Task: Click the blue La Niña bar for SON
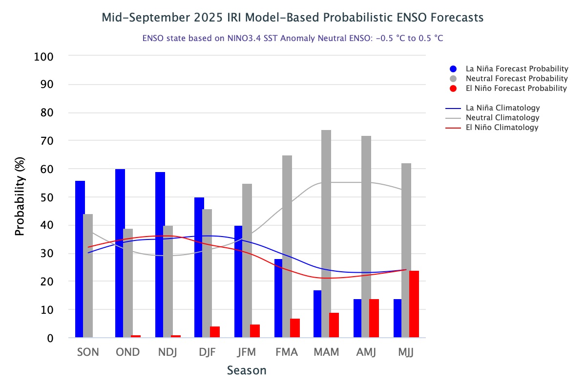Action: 80,259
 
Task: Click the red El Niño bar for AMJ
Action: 374,318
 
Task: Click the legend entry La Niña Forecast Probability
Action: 517,69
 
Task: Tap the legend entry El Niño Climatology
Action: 502,128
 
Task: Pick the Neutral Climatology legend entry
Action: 502,118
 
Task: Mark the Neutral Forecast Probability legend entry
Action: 517,79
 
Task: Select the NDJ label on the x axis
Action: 167,352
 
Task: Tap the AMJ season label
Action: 366,352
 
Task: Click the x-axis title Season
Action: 247,370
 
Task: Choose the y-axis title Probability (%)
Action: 20,197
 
